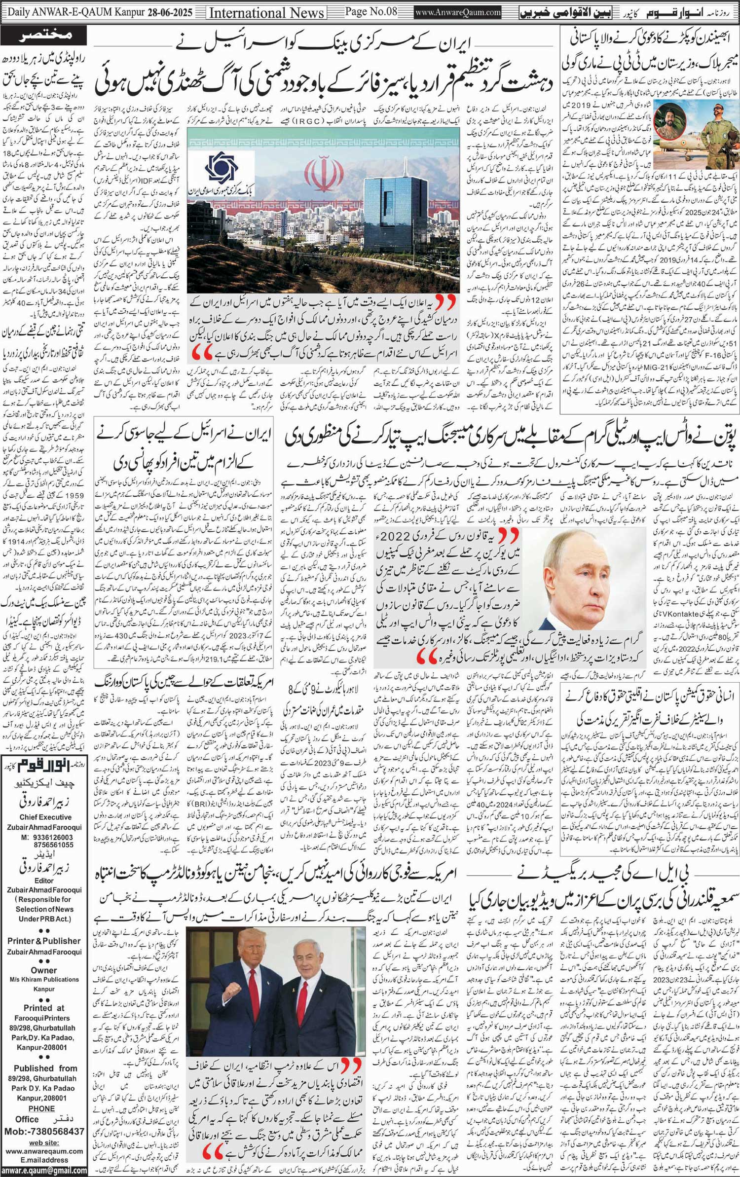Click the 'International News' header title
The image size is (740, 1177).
click(267, 12)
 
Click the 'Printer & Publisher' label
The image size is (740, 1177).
click(44, 941)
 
